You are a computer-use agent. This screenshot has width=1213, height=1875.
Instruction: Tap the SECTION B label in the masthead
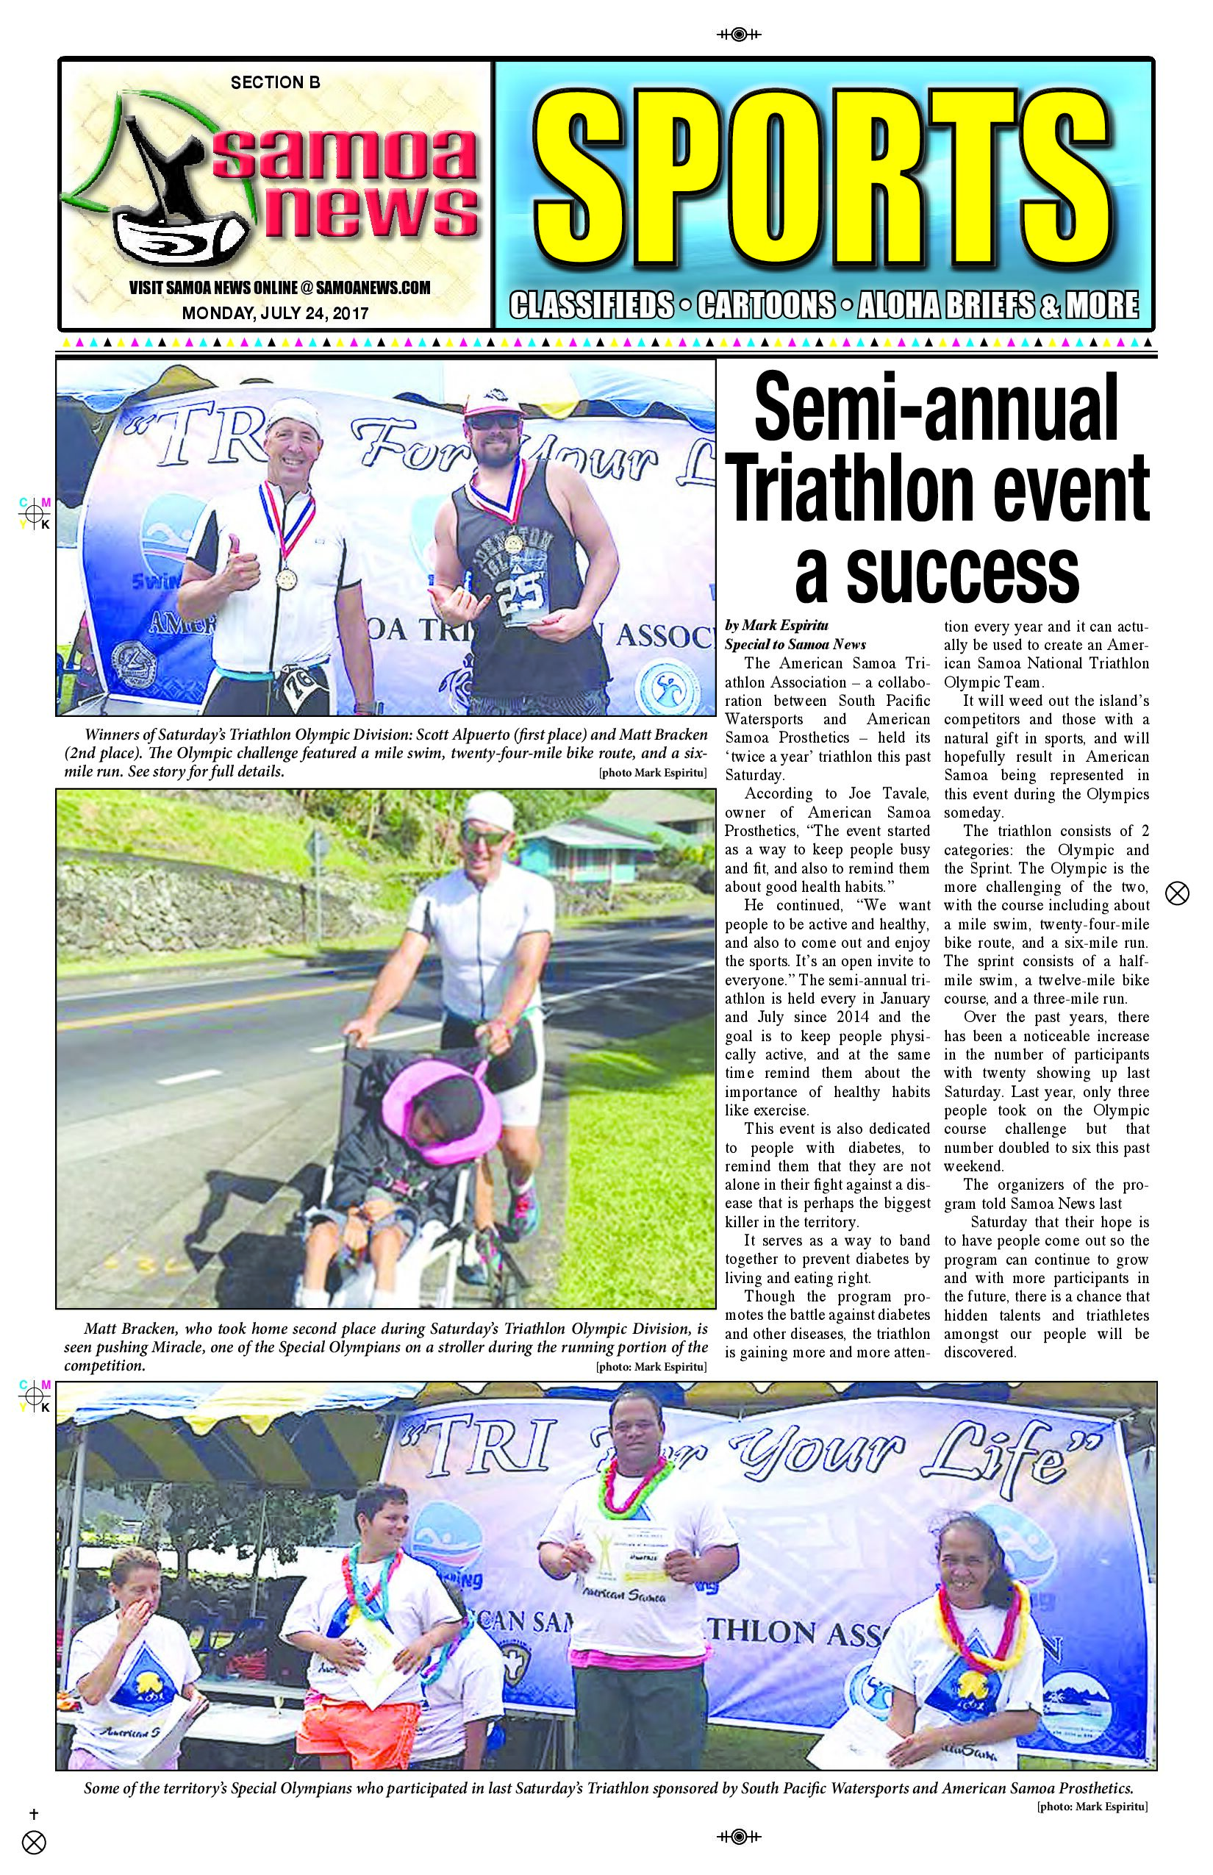click(275, 82)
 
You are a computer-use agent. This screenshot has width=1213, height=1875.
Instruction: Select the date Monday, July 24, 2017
click(275, 313)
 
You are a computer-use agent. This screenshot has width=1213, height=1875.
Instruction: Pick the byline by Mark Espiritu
click(776, 626)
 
